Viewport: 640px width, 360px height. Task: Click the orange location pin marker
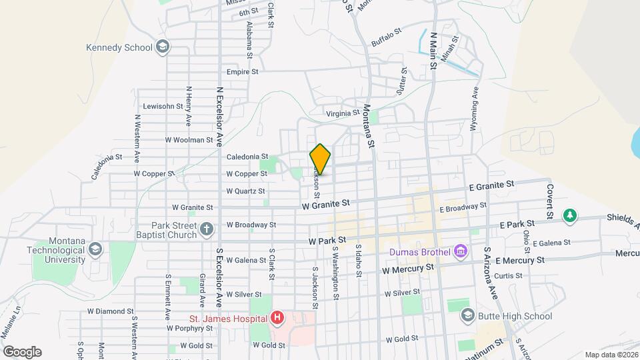pyautogui.click(x=320, y=159)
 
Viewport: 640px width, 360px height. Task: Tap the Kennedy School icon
pyautogui.click(x=162, y=47)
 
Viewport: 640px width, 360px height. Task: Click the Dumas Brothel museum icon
pyautogui.click(x=460, y=252)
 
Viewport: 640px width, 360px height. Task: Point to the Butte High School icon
pyautogui.click(x=468, y=315)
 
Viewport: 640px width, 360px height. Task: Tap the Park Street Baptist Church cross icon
pyautogui.click(x=207, y=230)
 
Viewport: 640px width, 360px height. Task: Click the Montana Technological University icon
pyautogui.click(x=95, y=249)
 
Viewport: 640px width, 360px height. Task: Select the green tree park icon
pyautogui.click(x=569, y=215)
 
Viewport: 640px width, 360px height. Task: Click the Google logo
pyautogui.click(x=22, y=351)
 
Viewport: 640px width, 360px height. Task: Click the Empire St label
pyautogui.click(x=242, y=71)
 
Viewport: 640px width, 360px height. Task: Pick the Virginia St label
pyautogui.click(x=343, y=113)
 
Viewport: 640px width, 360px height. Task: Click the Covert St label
pyautogui.click(x=550, y=201)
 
